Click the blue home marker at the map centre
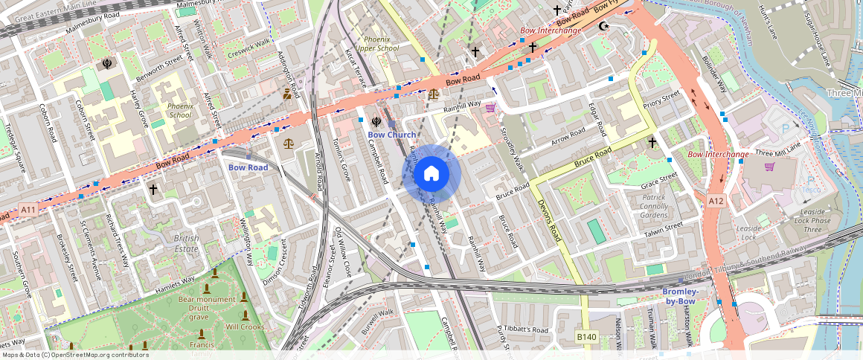pyautogui.click(x=431, y=173)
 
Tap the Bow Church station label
pyautogui.click(x=392, y=135)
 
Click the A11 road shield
pyautogui.click(x=28, y=210)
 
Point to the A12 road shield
pyautogui.click(x=716, y=201)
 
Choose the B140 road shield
pyautogui.click(x=587, y=338)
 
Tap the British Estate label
pyautogui.click(x=186, y=243)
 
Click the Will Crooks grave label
pyautogui.click(x=245, y=327)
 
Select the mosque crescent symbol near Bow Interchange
pyautogui.click(x=604, y=27)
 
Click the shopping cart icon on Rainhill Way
pyautogui.click(x=490, y=108)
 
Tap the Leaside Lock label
pyautogui.click(x=748, y=233)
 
